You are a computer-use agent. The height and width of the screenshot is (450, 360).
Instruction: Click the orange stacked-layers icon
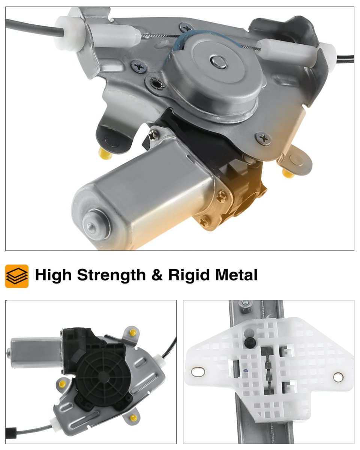[17, 276]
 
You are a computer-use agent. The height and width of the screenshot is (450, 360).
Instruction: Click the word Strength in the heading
[111, 275]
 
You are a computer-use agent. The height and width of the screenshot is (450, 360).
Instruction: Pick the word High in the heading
[53, 275]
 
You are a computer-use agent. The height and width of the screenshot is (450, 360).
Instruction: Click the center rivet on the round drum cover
[218, 62]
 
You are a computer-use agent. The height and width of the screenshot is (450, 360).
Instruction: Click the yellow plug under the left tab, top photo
[105, 153]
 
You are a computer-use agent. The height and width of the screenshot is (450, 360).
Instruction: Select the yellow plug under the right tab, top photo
[288, 173]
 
